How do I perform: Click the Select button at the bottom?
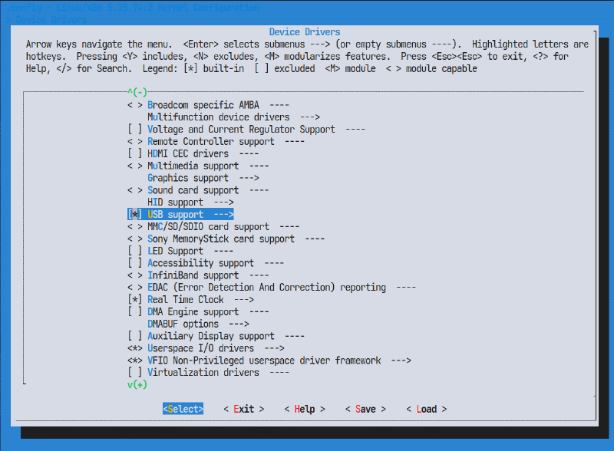(x=183, y=409)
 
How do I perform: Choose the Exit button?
(x=243, y=409)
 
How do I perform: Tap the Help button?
(x=305, y=409)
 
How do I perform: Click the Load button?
(x=426, y=409)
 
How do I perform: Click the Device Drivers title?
(x=305, y=32)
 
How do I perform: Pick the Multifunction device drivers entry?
(x=218, y=117)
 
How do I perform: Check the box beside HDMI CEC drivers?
(x=135, y=153)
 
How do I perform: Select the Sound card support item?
(x=193, y=189)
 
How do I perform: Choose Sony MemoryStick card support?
(x=221, y=239)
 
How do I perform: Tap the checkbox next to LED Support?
(x=135, y=251)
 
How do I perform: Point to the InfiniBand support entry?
(x=193, y=275)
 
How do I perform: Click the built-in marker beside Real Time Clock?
(x=135, y=299)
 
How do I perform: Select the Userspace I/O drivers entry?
(x=200, y=348)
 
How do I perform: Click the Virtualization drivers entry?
(x=203, y=372)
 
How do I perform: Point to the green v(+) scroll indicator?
(x=137, y=384)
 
